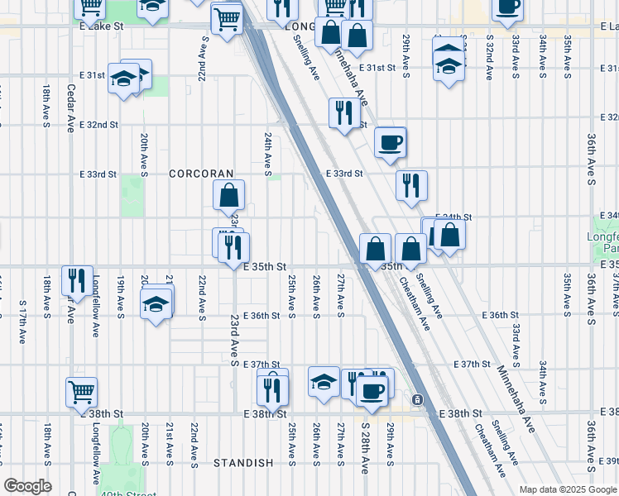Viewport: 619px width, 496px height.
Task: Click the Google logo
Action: (x=26, y=486)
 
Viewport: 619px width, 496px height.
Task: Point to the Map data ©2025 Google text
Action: (x=567, y=489)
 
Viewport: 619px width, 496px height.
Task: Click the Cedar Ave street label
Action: (x=70, y=108)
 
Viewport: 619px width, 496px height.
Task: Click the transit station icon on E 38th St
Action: (x=418, y=399)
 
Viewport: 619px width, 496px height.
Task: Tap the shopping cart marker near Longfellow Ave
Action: (x=81, y=392)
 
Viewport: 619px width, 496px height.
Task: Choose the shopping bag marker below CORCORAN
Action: (x=228, y=195)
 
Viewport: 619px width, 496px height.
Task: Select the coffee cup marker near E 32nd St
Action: (x=390, y=142)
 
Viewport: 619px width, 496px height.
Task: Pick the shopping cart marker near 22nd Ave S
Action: (x=227, y=17)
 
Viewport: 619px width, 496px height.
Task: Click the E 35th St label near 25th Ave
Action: (x=265, y=267)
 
